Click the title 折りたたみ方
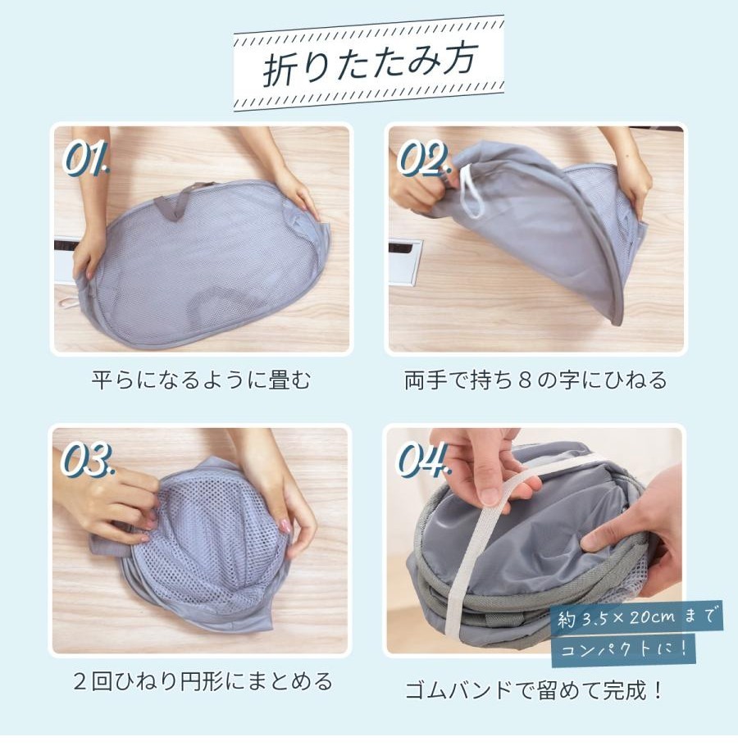point(369,66)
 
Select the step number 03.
point(88,459)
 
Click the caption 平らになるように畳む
point(201,380)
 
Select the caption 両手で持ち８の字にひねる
point(535,380)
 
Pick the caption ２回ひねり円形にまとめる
point(203,681)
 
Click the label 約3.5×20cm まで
point(636,618)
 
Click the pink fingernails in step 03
point(285,525)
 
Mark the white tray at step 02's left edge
point(405,262)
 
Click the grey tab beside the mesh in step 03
point(106,544)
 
